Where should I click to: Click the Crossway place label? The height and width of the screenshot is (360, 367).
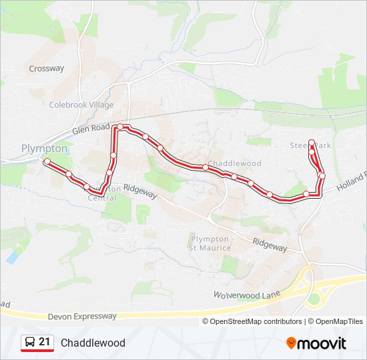tap(47, 68)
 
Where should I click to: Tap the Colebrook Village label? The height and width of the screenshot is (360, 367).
tap(81, 105)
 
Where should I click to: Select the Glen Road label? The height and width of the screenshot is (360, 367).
tap(91, 128)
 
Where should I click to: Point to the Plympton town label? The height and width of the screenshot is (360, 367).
tap(44, 148)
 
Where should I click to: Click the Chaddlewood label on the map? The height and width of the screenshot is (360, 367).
tap(234, 163)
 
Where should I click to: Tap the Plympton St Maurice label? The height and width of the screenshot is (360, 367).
tap(210, 243)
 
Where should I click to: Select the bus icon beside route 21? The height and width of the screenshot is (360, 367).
tap(30, 343)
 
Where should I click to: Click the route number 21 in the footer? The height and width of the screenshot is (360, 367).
tap(45, 342)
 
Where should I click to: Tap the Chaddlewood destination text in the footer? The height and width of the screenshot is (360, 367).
tap(93, 343)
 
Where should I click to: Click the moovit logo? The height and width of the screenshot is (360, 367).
tap(316, 343)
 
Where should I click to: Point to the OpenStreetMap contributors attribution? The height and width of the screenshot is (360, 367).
tap(256, 321)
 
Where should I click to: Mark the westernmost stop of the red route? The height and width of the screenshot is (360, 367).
tap(47, 162)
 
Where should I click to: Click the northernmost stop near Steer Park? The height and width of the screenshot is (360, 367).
tap(312, 142)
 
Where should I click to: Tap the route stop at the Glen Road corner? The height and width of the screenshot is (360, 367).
tap(119, 127)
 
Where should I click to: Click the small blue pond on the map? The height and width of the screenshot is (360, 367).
tap(12, 256)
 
